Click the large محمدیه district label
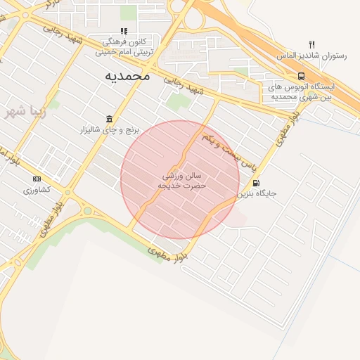pyautogui.click(x=127, y=75)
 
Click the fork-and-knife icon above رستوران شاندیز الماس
pyautogui.click(x=311, y=45)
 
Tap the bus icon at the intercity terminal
pyautogui.click(x=301, y=76)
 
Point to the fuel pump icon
pyautogui.click(x=255, y=182)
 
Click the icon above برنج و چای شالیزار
pyautogui.click(x=109, y=119)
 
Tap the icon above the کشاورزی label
pyautogui.click(x=37, y=179)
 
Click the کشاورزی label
pyautogui.click(x=37, y=190)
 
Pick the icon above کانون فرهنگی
pyautogui.click(x=124, y=31)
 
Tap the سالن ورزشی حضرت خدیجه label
pyautogui.click(x=182, y=181)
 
